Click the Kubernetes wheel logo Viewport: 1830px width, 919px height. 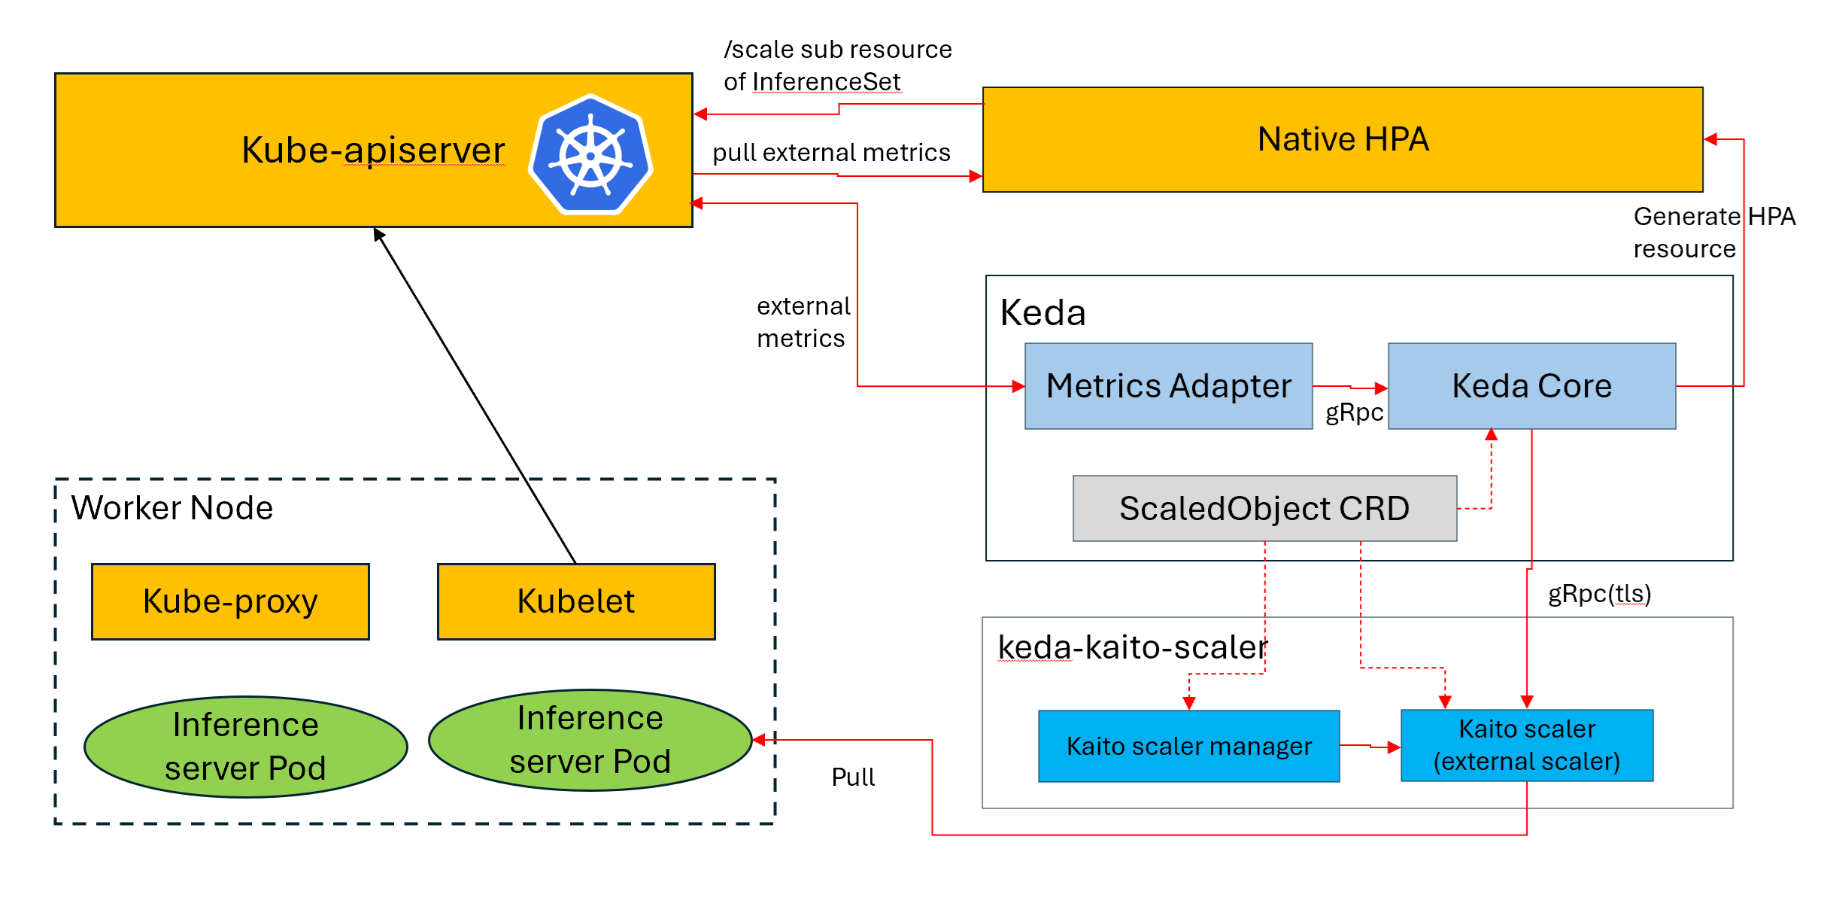(x=590, y=155)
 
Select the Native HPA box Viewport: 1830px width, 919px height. (x=1342, y=140)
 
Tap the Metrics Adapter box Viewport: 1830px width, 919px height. (x=1168, y=386)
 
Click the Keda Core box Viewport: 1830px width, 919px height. (x=1531, y=386)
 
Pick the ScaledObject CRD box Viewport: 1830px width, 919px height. (x=1264, y=508)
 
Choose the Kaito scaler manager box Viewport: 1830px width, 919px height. (x=1188, y=746)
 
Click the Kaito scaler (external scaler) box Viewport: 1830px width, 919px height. (x=1526, y=745)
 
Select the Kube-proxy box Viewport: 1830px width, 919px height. (x=230, y=601)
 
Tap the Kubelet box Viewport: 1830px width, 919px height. (x=575, y=601)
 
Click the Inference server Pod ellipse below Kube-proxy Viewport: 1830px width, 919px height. (x=245, y=746)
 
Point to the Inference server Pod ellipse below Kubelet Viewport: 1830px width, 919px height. (x=590, y=740)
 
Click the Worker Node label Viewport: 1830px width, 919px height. (x=171, y=508)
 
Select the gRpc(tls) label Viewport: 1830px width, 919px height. (x=1599, y=594)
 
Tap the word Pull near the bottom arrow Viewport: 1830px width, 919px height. (x=852, y=777)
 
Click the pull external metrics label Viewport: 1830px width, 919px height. (x=831, y=153)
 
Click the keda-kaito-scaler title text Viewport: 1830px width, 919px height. (x=1132, y=647)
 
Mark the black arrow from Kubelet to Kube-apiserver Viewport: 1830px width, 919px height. (x=474, y=395)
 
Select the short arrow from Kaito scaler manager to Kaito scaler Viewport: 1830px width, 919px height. (x=1370, y=747)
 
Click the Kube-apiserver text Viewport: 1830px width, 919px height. (x=373, y=150)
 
